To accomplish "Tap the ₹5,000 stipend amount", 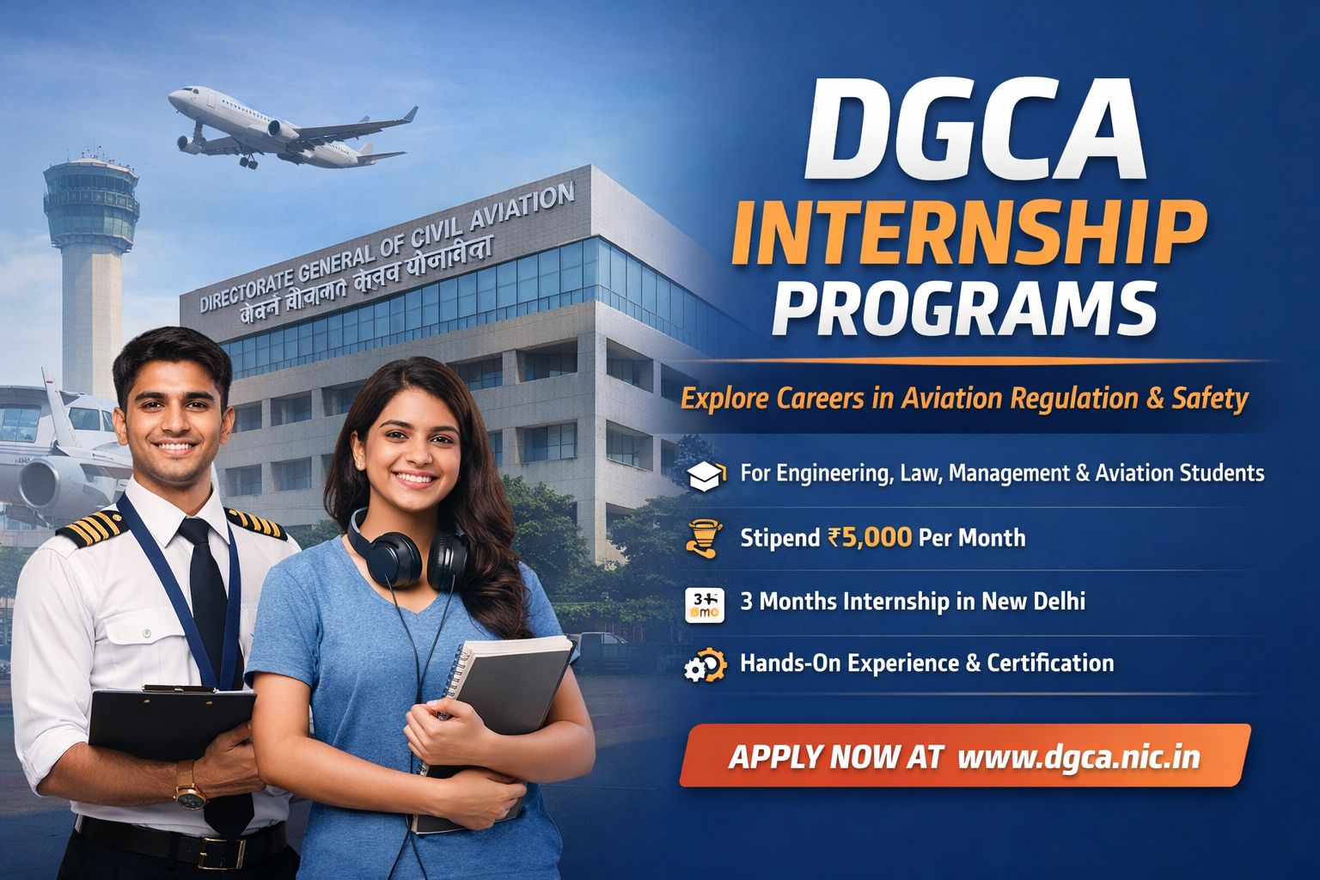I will [870, 538].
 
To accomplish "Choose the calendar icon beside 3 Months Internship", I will [705, 603].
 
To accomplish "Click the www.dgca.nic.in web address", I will [1079, 757].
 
